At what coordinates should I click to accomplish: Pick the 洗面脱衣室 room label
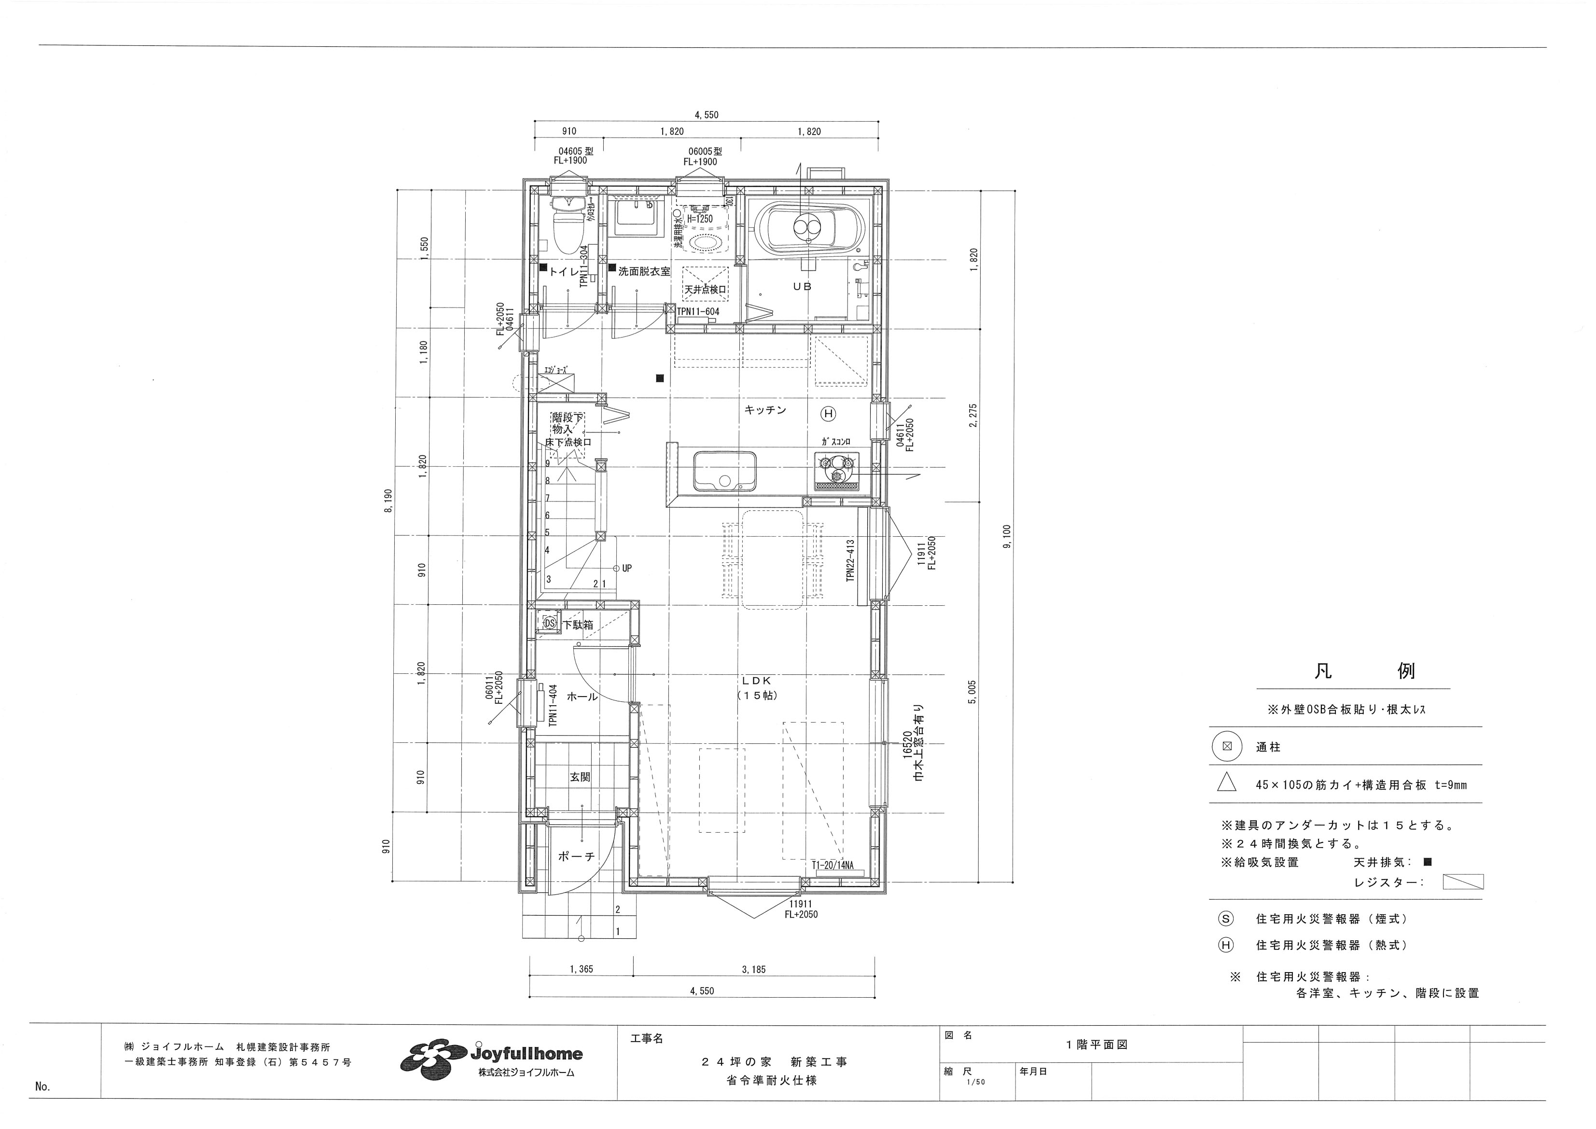click(x=644, y=272)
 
